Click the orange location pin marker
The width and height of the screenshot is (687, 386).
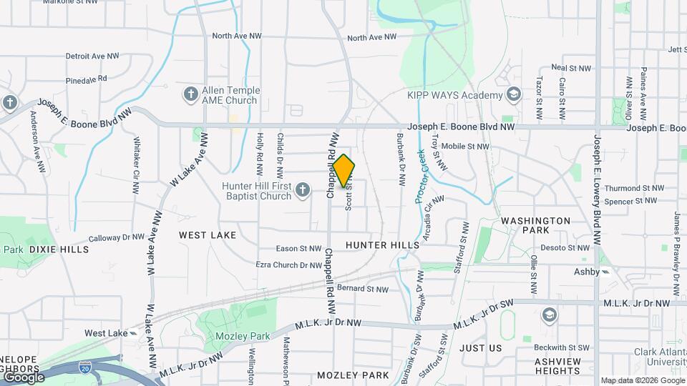343,171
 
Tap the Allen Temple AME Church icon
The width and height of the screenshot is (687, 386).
191,94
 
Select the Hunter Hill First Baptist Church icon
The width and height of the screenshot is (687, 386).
303,190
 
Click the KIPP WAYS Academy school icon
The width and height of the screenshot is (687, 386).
513,94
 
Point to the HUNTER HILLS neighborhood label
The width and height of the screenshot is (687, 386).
382,245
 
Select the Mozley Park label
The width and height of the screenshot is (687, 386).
233,336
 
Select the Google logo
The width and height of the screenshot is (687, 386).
23,377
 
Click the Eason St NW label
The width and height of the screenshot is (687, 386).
299,249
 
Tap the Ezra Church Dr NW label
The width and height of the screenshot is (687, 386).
288,265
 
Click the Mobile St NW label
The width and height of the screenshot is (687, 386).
465,147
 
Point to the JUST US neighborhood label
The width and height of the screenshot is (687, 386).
481,348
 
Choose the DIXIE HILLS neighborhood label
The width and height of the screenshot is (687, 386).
59,249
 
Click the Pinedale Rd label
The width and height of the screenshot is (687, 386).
86,78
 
